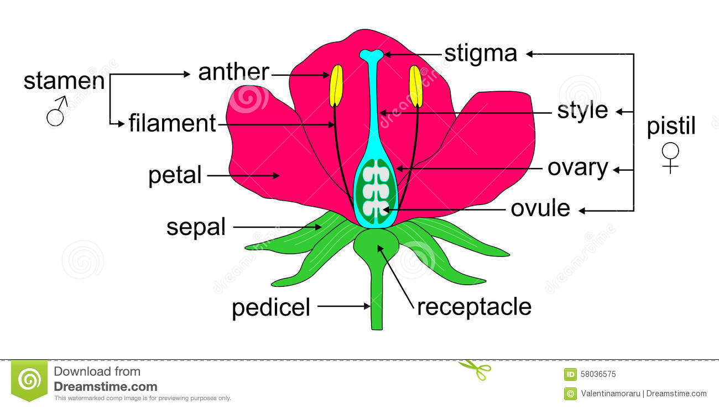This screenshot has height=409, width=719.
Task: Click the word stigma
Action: tap(481, 54)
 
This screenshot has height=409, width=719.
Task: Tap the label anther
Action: tap(233, 72)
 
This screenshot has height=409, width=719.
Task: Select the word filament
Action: tap(172, 123)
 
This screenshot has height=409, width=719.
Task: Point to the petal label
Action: tap(175, 176)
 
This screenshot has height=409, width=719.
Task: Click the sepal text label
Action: tap(196, 227)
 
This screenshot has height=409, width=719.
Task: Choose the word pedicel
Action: tap(271, 307)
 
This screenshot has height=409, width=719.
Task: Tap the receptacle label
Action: tap(474, 307)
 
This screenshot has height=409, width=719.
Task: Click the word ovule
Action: tap(540, 208)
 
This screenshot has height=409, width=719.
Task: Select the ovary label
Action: tap(577, 167)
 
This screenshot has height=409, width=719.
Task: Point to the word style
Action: tap(582, 111)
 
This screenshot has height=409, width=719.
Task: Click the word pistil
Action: tap(671, 127)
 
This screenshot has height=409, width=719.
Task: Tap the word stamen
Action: tap(64, 81)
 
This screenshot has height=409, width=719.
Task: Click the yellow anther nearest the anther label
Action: tap(336, 86)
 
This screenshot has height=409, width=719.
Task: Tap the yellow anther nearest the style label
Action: tap(416, 86)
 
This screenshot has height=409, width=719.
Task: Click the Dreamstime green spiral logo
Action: tap(29, 379)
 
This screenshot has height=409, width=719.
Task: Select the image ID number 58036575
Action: tap(598, 374)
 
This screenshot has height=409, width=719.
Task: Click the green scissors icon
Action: tap(475, 369)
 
